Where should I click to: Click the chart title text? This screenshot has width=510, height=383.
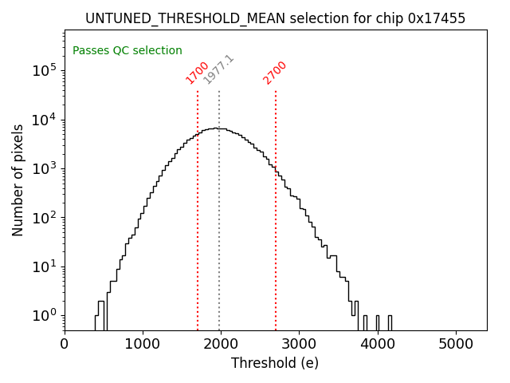click(275, 18)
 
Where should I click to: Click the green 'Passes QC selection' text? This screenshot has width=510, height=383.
click(127, 50)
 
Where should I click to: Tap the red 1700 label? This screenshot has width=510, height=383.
click(197, 72)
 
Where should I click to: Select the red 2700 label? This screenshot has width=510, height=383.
click(275, 72)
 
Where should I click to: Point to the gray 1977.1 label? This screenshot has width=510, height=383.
click(218, 69)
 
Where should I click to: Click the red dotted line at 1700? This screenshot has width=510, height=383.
click(198, 207)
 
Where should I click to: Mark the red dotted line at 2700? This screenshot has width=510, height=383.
click(276, 207)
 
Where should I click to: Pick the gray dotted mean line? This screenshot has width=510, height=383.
click(219, 207)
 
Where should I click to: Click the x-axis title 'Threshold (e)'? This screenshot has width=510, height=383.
click(275, 363)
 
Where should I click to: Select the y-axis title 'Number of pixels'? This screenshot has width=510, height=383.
click(18, 180)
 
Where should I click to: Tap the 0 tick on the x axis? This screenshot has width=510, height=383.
click(65, 344)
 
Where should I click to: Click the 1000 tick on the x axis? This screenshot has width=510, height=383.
click(143, 344)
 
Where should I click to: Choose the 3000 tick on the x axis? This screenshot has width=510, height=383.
click(299, 344)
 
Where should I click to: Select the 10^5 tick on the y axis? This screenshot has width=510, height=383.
click(44, 70)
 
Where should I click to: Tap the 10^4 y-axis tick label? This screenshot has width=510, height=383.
click(44, 120)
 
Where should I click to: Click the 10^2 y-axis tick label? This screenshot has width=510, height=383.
click(44, 217)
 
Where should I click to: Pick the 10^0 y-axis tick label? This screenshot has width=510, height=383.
click(44, 315)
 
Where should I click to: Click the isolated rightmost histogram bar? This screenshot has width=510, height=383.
click(390, 322)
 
